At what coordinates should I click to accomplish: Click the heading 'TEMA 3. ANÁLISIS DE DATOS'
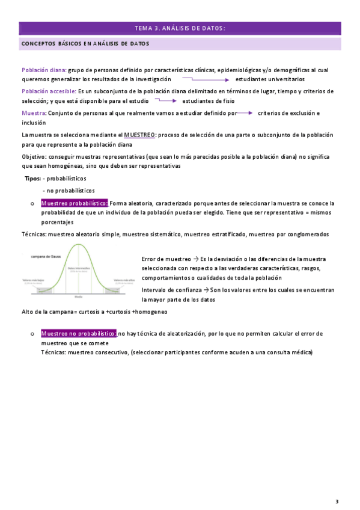[180, 28]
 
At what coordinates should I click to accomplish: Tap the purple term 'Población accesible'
[48, 91]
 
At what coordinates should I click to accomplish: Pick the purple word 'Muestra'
[33, 113]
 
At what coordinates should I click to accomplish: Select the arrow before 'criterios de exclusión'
[245, 112]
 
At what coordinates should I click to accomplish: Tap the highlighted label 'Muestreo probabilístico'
[74, 203]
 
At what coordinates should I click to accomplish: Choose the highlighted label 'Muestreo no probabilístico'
[78, 333]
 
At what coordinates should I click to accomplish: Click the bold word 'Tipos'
[32, 179]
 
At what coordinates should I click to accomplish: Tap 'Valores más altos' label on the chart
[122, 280]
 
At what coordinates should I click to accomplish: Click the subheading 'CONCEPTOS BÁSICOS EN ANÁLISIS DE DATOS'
[85, 44]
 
